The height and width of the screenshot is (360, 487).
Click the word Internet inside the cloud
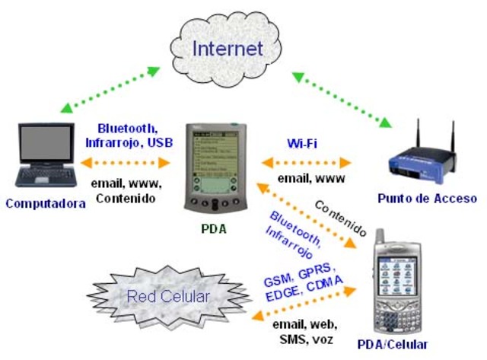coord(228,48)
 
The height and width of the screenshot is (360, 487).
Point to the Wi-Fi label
coord(302,144)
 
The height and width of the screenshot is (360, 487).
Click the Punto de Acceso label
coord(427,199)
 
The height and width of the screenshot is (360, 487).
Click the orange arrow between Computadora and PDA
coord(125,162)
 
